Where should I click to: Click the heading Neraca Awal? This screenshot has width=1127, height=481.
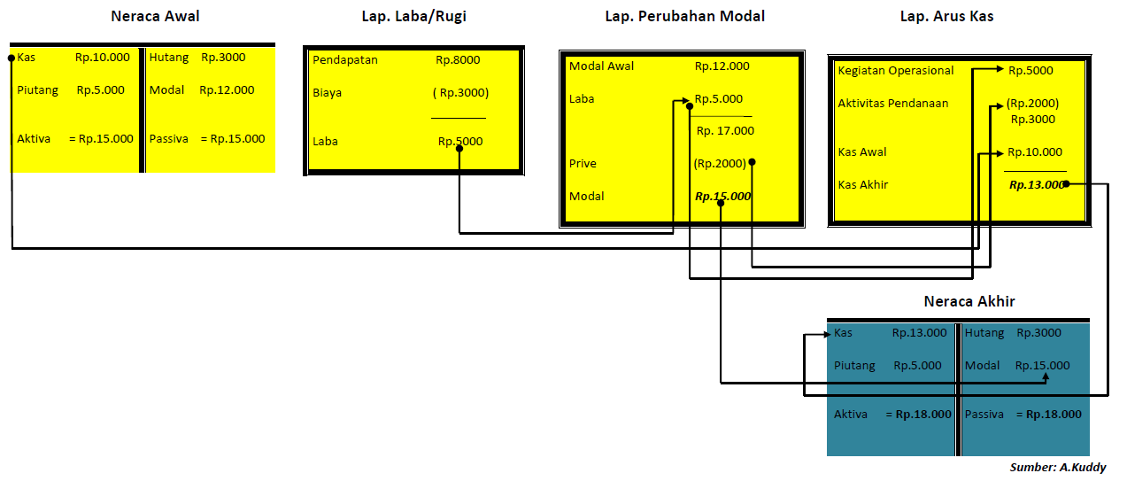pyautogui.click(x=155, y=16)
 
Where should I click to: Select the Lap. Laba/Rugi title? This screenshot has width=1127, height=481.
pyautogui.click(x=413, y=16)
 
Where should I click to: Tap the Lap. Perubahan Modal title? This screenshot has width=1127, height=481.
pyautogui.click(x=684, y=16)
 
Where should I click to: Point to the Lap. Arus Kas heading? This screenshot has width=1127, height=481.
pyautogui.click(x=946, y=16)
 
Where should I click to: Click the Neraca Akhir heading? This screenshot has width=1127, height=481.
pyautogui.click(x=969, y=301)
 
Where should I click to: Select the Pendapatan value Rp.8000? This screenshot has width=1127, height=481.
pyautogui.click(x=458, y=60)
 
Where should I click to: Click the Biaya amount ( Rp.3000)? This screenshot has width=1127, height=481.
pyautogui.click(x=460, y=92)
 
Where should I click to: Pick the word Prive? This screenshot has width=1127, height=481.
pyautogui.click(x=583, y=164)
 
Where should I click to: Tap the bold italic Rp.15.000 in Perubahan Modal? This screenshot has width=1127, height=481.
pyautogui.click(x=722, y=196)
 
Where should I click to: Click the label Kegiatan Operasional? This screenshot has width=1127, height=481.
pyautogui.click(x=896, y=71)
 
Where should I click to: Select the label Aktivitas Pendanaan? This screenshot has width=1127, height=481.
pyautogui.click(x=893, y=104)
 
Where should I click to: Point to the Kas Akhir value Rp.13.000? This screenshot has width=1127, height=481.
pyautogui.click(x=1036, y=184)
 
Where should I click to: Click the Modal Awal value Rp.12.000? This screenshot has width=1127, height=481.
pyautogui.click(x=722, y=66)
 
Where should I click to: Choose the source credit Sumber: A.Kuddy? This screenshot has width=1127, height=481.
pyautogui.click(x=1058, y=467)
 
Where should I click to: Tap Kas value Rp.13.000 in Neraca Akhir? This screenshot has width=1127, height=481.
pyautogui.click(x=919, y=333)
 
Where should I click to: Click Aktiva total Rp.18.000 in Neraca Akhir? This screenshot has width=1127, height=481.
pyautogui.click(x=923, y=414)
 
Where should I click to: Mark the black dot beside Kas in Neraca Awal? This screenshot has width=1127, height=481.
pyautogui.click(x=12, y=58)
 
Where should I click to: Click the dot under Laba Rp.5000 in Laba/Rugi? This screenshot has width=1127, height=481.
pyautogui.click(x=459, y=148)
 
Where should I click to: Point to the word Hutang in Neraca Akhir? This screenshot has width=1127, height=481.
pyautogui.click(x=984, y=333)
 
